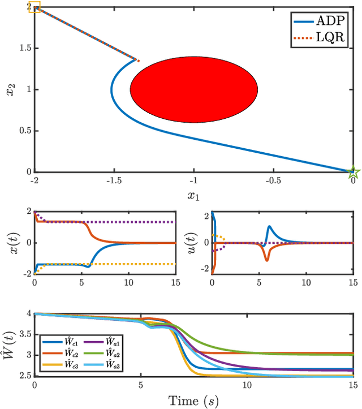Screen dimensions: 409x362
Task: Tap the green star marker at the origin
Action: tap(352, 171)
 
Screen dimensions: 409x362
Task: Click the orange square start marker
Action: tap(35, 7)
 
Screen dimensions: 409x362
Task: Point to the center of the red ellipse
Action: tap(194, 89)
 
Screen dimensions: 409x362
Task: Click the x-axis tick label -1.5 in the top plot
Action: tap(113, 180)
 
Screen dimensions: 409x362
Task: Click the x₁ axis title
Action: tap(194, 195)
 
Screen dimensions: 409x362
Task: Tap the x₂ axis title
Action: tap(10, 89)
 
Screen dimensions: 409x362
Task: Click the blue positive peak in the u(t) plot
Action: tap(269, 226)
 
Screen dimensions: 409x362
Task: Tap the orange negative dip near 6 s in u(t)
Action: tap(265, 260)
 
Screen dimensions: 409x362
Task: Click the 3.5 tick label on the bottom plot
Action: tap(23, 334)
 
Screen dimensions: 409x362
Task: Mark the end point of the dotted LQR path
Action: tap(138, 60)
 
